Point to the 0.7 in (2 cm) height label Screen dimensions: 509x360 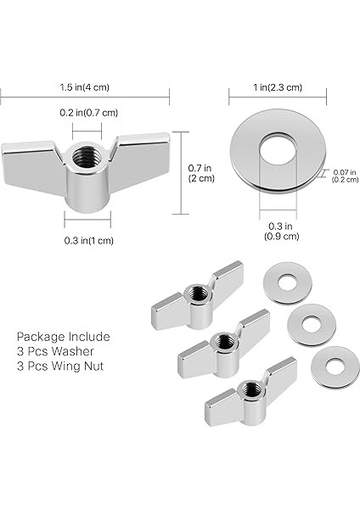(201, 173)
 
